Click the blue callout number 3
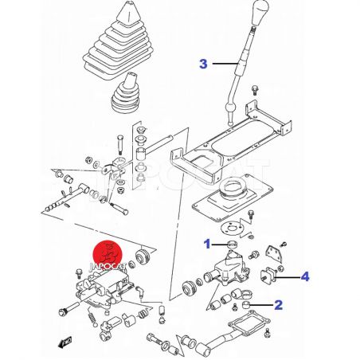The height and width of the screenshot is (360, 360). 203,64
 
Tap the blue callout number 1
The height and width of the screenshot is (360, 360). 207,244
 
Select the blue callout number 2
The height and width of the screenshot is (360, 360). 278,305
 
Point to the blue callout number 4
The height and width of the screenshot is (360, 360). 305,277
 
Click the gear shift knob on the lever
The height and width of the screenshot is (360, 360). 259,13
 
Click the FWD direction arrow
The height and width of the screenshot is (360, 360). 65,342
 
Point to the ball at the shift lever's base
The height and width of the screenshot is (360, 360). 230,108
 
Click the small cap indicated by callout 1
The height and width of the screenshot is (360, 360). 233,245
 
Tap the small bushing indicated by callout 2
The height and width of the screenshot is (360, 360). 246,305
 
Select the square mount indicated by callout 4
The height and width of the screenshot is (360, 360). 268,276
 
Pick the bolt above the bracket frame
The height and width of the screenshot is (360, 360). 254,90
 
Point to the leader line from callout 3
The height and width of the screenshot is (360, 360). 225,64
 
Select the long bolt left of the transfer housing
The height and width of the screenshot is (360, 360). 68,309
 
